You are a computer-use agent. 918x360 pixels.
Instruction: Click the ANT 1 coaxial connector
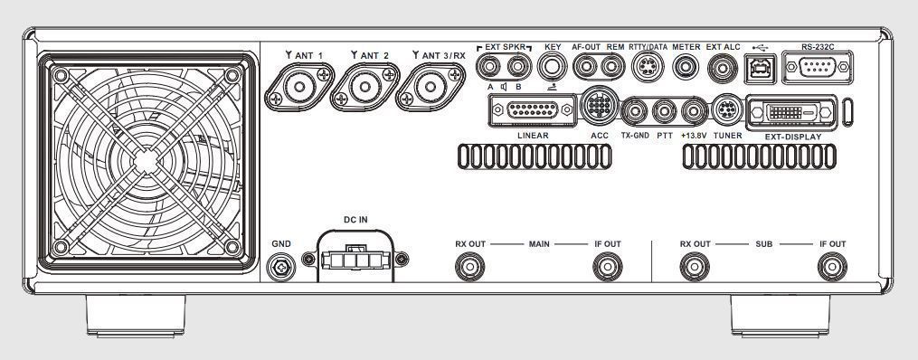pos(299,87)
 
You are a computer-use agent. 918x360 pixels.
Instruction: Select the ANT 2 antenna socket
pos(364,87)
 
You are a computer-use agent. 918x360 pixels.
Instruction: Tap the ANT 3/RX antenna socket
pos(431,87)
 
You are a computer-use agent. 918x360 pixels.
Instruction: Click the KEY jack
pos(551,67)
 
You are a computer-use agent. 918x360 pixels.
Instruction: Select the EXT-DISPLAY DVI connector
pos(791,112)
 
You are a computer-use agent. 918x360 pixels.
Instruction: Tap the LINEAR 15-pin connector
pos(532,110)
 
